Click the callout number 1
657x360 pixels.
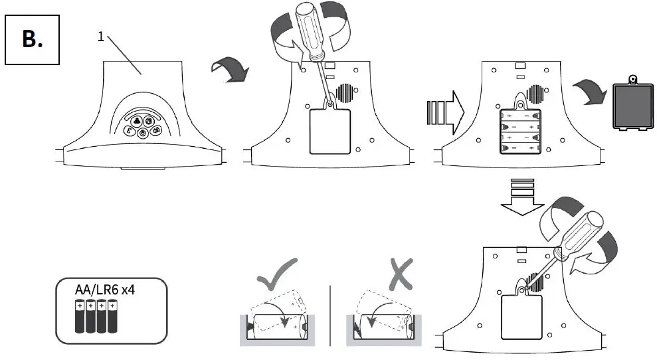101,37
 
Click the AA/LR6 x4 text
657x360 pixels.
109,290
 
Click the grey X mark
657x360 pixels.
400,274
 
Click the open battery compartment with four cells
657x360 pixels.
519,132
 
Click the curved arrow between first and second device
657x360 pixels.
228,68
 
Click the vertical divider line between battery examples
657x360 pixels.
330,315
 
